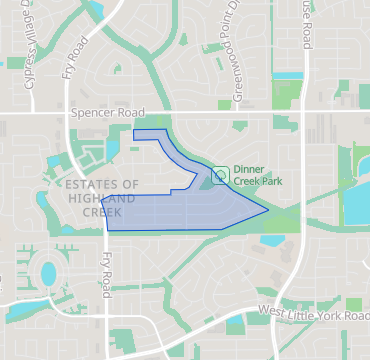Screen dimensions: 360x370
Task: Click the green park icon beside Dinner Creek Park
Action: (x=219, y=176)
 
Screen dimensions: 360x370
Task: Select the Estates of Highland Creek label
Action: (x=99, y=198)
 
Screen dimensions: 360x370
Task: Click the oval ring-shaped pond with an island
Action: (x=48, y=271)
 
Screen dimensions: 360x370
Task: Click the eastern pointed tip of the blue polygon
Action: (x=266, y=210)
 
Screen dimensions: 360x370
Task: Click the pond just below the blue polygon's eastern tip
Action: (x=271, y=239)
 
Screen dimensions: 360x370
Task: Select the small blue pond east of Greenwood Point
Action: (x=288, y=75)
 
